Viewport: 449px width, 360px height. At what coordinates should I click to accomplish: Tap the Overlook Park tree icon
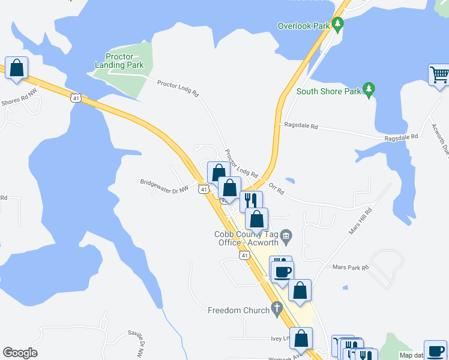pos(338,25)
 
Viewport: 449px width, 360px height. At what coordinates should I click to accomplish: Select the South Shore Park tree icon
pos(369,90)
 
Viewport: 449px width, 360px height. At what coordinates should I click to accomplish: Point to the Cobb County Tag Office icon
pos(286,235)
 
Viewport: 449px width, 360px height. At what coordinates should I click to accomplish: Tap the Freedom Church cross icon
pos(276,310)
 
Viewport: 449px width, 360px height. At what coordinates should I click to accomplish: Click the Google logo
pos(20,353)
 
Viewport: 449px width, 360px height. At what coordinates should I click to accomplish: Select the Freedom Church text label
pos(238,310)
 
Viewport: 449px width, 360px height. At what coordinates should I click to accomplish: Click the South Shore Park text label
pos(329,92)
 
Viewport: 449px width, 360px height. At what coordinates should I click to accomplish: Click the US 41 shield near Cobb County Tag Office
pos(244,256)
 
